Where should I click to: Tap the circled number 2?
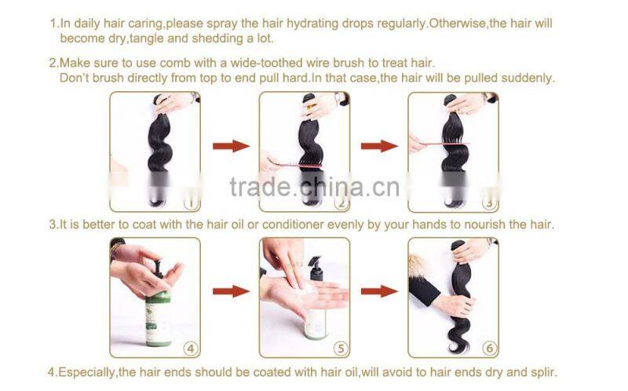click(x=340, y=203)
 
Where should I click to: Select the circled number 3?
click(x=488, y=203)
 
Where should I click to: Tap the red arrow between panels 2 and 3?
click(x=379, y=146)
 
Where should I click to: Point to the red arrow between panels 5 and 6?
click(x=379, y=291)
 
